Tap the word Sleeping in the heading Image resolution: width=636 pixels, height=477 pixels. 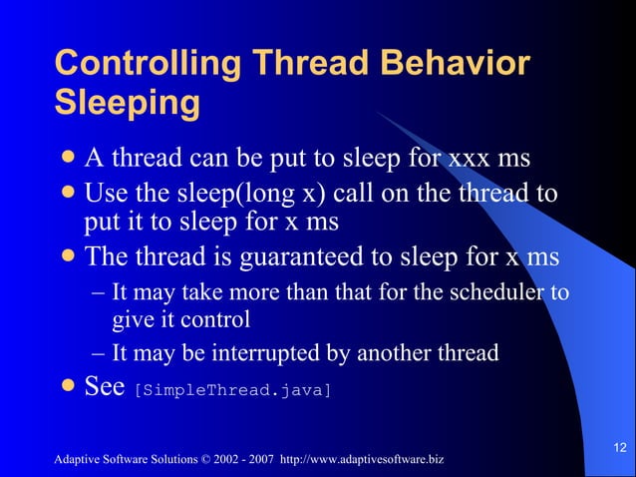coord(127,103)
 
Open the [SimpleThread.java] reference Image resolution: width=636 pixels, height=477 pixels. coord(230,390)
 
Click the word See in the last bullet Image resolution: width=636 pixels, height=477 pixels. coord(104,387)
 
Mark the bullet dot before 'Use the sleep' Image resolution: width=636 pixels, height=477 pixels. coord(68,192)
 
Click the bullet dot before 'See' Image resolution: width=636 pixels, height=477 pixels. coord(68,386)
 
